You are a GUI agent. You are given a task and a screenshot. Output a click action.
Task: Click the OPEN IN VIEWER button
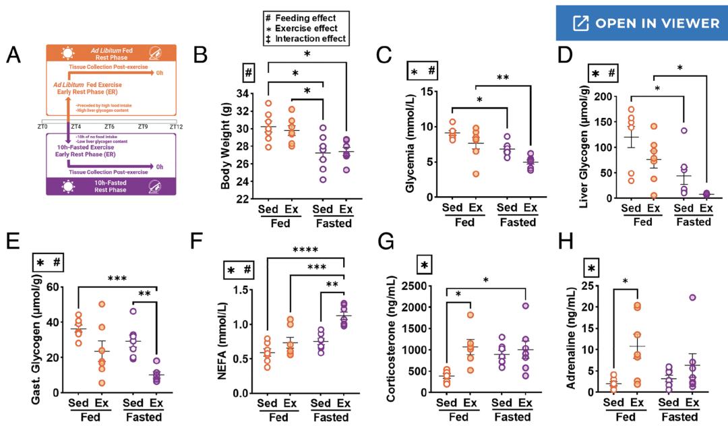coord(646,24)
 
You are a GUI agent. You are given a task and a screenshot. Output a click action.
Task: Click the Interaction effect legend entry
coord(311,39)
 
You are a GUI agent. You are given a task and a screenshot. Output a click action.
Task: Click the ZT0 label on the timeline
coord(42,126)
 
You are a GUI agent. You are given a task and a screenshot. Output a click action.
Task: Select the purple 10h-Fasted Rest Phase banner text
coord(109,185)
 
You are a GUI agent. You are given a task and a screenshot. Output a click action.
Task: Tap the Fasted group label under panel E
coord(143,417)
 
